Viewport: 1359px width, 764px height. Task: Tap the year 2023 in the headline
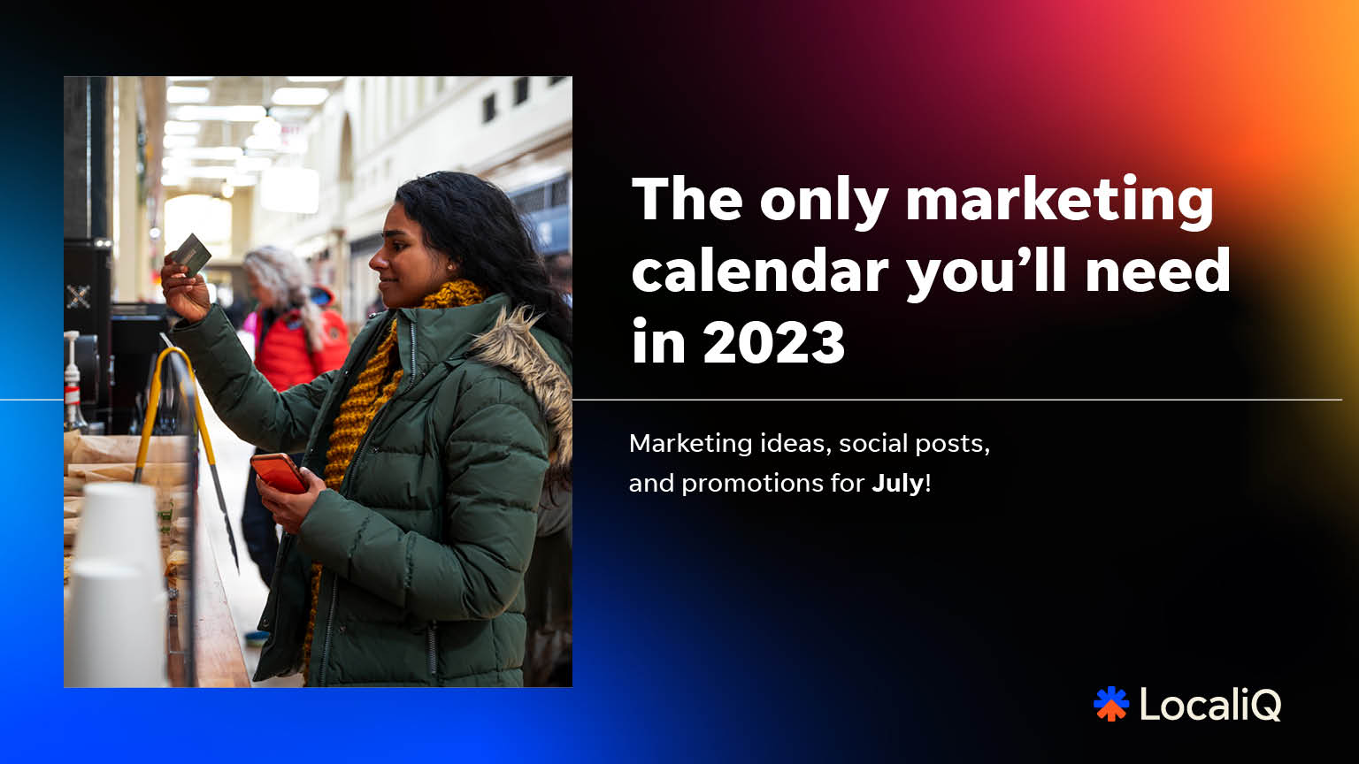click(773, 342)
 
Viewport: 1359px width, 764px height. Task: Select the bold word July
click(898, 485)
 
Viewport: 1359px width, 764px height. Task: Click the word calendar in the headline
click(760, 271)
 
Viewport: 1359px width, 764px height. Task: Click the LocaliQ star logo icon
click(1111, 704)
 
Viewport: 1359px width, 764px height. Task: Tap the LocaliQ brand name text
click(1210, 705)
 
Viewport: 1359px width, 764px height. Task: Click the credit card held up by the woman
click(192, 254)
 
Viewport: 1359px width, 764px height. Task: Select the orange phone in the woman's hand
click(279, 473)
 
